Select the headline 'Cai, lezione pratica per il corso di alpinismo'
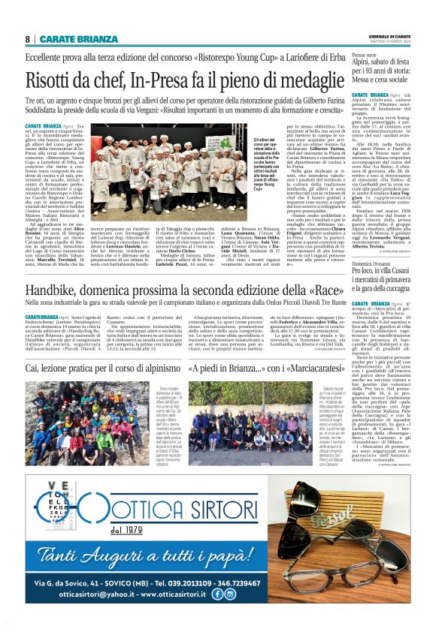tap(99, 370)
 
